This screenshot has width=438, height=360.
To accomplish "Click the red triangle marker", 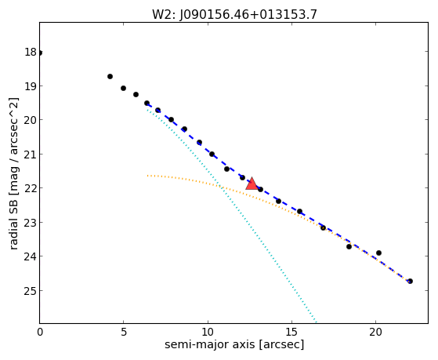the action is pos(252,184).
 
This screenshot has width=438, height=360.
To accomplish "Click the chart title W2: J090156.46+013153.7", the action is pos(234,14).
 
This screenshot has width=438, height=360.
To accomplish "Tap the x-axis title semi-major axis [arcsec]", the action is pos(234,344).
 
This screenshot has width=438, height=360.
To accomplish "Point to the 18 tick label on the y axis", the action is pos(31,52).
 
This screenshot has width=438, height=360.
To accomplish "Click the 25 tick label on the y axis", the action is pos(31,291).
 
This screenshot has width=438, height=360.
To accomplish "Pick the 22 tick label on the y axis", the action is pos(31,188).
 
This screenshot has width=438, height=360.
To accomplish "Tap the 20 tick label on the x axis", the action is pos(375,333).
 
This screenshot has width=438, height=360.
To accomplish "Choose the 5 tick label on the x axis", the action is pos(124,333).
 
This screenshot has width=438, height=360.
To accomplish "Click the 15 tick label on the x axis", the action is pos(291,333).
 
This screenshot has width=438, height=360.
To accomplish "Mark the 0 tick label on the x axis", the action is pos(40,333).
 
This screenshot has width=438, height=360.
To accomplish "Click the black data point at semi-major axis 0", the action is pos(40,53).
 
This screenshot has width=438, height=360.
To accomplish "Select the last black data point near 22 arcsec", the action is pos(410,281).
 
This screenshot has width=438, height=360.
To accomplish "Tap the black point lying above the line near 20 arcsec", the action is pos(378,253).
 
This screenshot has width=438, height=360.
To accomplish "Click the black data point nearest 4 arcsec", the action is pos(110,76).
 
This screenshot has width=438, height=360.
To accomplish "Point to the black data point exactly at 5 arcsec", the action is pos(123,88).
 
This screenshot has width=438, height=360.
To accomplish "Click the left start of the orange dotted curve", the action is pos(148,176).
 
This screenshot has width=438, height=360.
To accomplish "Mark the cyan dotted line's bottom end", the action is pos(316,322).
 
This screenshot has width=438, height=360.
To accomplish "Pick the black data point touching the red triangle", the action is pos(260,189).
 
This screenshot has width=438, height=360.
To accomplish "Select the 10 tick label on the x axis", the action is pos(208,333).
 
